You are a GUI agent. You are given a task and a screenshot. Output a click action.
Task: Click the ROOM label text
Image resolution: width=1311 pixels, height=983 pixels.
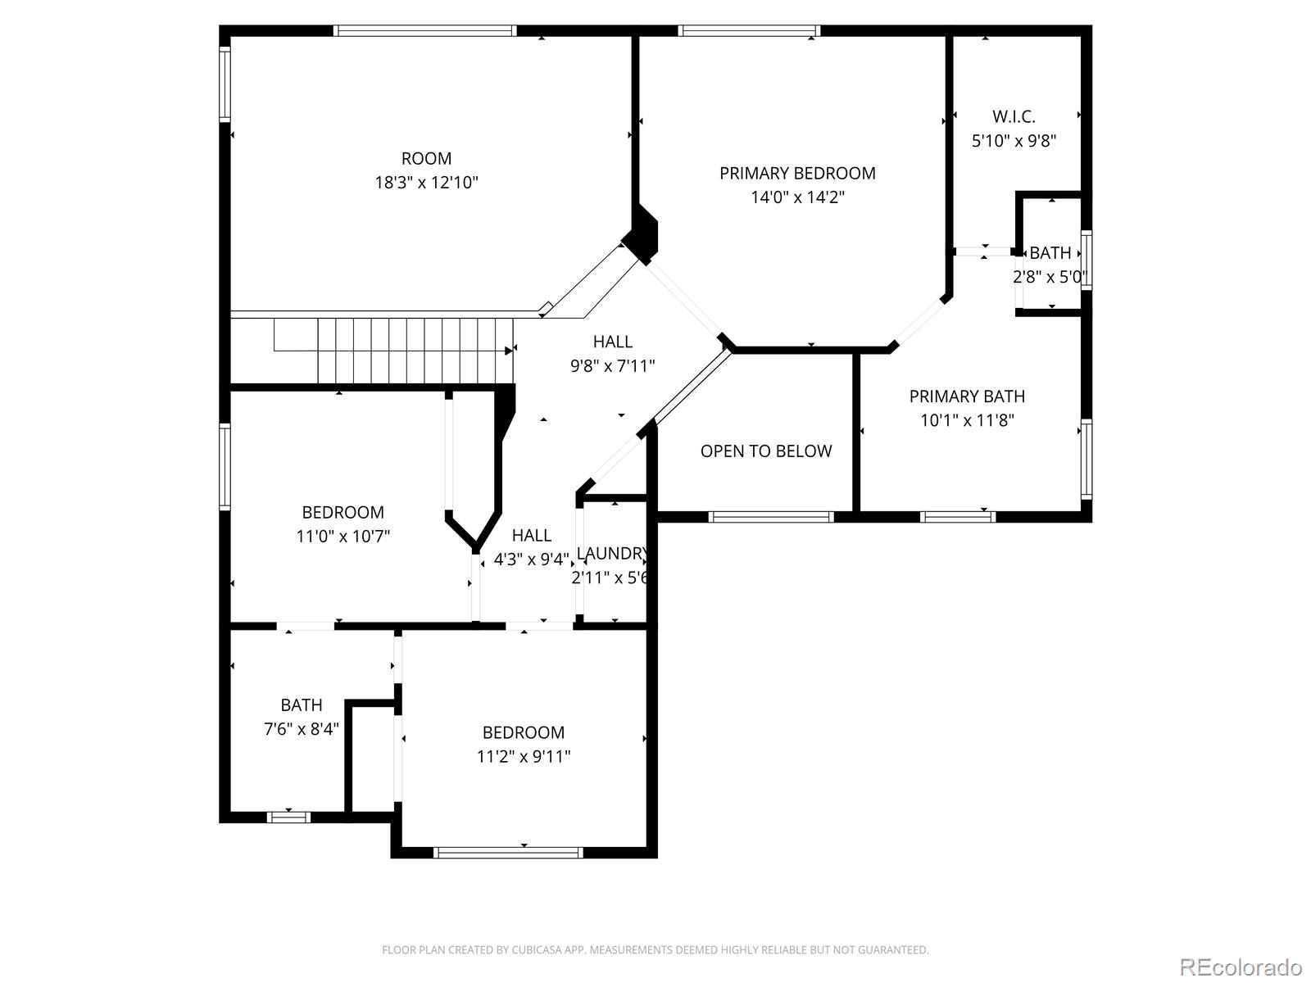426,158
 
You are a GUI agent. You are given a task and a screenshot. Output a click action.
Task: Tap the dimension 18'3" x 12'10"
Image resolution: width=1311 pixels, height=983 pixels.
426,182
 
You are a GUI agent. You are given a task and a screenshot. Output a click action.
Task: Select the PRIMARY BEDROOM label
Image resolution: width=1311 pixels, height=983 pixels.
797,173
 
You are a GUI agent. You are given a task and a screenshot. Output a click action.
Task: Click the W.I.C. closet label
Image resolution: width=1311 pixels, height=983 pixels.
1014,116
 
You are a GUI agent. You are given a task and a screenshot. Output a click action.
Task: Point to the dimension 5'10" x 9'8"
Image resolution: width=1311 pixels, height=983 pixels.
1014,140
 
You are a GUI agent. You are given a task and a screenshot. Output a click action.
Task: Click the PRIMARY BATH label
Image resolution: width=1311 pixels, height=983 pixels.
967,396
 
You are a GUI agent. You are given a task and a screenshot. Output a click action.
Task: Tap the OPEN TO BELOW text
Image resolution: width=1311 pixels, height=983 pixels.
766,451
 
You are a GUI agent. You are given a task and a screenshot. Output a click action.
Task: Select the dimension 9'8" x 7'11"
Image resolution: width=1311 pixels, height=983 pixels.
613,365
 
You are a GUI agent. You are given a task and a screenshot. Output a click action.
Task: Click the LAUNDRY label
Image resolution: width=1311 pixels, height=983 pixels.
612,554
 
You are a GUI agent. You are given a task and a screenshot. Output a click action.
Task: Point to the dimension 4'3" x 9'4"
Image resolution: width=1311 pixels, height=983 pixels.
531,559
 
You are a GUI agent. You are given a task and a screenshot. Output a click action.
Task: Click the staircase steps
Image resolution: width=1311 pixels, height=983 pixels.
414,351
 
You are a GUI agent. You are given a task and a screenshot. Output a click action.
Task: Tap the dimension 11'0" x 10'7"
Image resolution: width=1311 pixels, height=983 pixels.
342,537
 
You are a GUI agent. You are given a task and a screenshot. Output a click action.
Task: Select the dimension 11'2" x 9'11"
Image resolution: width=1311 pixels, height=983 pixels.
524,756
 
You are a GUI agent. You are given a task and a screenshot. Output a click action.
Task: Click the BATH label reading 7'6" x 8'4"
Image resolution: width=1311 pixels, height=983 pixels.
302,704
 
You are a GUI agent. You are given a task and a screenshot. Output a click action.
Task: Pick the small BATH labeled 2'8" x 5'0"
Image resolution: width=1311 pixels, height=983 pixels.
1050,253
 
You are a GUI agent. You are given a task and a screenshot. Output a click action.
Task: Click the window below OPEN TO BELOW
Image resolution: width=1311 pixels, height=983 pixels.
771,517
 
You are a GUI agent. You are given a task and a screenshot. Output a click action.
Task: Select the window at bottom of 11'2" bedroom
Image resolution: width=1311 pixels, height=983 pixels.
508,853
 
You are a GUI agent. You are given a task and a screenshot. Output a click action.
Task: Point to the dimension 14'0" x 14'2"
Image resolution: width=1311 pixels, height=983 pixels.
797,197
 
